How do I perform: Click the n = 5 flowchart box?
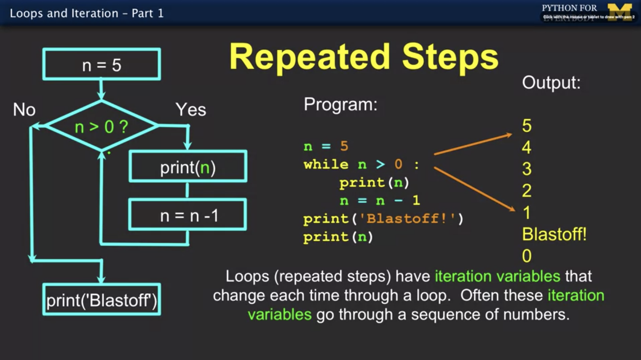102,64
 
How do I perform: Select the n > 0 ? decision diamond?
102,127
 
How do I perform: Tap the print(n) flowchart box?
188,166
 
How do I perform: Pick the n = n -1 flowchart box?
188,215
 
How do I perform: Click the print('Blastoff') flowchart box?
102,300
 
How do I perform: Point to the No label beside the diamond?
24,110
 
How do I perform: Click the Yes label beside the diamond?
191,110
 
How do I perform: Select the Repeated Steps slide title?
364,57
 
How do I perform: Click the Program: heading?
341,105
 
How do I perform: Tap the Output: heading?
551,83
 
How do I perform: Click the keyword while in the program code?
326,165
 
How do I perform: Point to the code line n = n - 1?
379,201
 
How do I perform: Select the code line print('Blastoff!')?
383,219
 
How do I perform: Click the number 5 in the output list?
527,126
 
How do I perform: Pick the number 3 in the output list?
527,169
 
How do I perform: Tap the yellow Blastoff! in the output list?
554,235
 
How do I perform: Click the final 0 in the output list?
527,256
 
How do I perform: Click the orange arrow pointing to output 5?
473,144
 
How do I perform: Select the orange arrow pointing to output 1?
475,189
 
